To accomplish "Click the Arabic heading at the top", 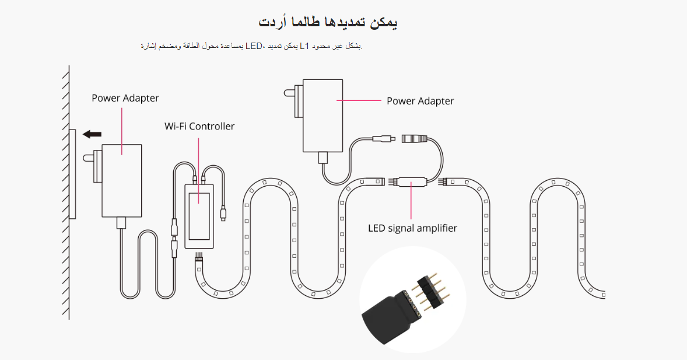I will click(328, 22).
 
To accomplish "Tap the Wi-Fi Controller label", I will click(199, 126).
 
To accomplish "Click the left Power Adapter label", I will click(125, 98).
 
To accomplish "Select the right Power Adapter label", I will click(420, 101).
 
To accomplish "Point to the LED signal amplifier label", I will click(412, 228).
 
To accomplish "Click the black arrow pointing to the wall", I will click(92, 134).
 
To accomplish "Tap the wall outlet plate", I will click(72, 174).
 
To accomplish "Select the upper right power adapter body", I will click(321, 115).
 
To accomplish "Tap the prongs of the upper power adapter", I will click(290, 92).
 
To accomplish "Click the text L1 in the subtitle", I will click(304, 46).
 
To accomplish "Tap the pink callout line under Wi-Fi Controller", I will click(199, 160).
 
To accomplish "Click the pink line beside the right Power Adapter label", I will click(359, 101).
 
